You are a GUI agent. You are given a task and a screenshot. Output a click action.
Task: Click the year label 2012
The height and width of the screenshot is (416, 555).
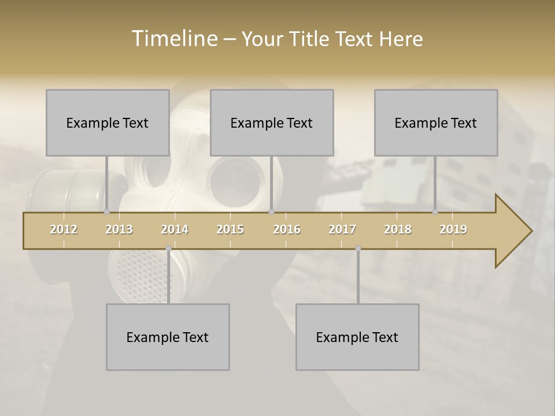[x=64, y=229]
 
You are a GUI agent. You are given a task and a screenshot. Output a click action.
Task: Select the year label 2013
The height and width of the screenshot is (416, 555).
[x=119, y=229]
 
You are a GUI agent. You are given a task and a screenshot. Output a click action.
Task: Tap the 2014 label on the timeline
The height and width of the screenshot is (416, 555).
[x=175, y=229]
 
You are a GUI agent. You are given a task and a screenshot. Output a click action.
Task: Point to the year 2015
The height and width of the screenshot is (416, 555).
[x=230, y=229]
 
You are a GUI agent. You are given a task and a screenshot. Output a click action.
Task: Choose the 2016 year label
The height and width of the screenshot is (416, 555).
[x=287, y=229]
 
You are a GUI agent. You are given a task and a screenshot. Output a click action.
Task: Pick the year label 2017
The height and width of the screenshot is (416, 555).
[x=342, y=229]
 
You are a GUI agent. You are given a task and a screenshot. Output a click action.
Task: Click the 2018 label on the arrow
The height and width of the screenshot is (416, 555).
[x=398, y=229]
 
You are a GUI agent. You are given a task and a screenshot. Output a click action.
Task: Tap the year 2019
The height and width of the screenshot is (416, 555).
[x=453, y=229]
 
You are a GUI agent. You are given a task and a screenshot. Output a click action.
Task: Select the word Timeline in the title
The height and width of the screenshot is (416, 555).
[x=173, y=39]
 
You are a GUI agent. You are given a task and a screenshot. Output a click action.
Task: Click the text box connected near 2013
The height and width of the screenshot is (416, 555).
[x=108, y=122]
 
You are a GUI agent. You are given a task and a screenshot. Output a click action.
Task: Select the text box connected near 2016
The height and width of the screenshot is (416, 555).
[x=272, y=122]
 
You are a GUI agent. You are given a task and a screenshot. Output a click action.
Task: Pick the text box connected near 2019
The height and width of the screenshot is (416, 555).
[x=436, y=122]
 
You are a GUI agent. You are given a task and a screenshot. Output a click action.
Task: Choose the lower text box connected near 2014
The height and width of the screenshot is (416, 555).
[x=168, y=337]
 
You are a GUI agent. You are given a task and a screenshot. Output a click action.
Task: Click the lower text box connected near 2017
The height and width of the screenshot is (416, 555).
[x=357, y=337]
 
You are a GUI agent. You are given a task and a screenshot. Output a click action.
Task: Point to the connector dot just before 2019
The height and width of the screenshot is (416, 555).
[x=435, y=212]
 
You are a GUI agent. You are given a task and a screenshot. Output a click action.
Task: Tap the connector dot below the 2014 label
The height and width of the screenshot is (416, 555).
[x=168, y=248]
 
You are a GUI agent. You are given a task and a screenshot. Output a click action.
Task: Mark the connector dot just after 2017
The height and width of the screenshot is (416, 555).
[x=358, y=248]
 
